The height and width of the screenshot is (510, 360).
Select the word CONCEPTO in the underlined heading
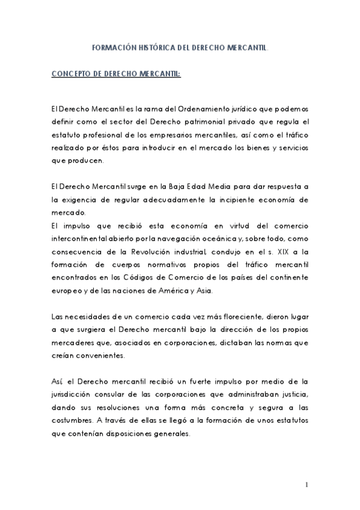tap(72, 75)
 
